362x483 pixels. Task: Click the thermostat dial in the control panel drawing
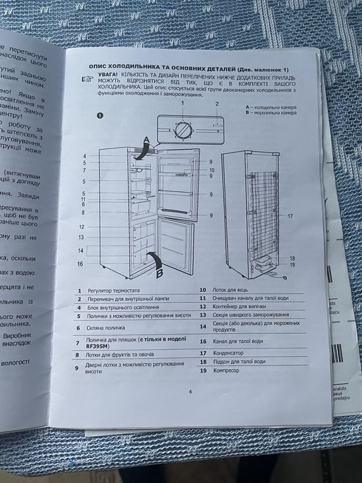183,129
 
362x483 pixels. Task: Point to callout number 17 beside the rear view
290,216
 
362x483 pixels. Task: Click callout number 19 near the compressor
292,265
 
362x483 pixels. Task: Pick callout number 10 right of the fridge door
212,169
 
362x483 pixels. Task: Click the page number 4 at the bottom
190,391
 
